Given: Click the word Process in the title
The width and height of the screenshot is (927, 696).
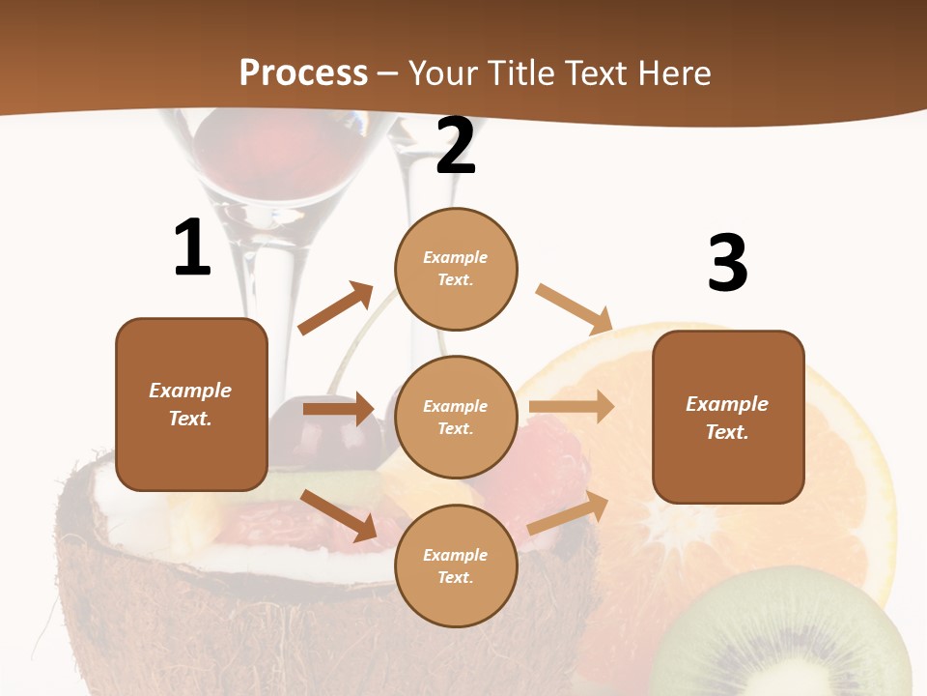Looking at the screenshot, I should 303,73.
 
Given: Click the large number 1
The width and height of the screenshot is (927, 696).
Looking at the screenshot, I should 192,247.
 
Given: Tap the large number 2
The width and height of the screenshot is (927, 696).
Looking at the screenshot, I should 456,147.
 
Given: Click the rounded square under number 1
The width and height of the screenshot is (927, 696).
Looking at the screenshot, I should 191,404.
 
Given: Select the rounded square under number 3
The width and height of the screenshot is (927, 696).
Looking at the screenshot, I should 728,418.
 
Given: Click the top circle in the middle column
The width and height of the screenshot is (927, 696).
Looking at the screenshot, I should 456,269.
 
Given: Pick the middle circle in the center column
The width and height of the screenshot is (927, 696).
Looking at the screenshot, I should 456,418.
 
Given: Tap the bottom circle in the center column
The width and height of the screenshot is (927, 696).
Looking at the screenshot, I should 456,566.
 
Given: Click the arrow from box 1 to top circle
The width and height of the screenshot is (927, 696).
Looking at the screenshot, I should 336,308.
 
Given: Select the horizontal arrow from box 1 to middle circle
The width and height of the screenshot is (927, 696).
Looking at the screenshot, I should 338,409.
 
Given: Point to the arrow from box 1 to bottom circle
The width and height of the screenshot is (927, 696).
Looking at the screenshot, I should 338,514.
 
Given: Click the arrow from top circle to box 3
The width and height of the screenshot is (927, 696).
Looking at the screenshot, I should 574,308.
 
